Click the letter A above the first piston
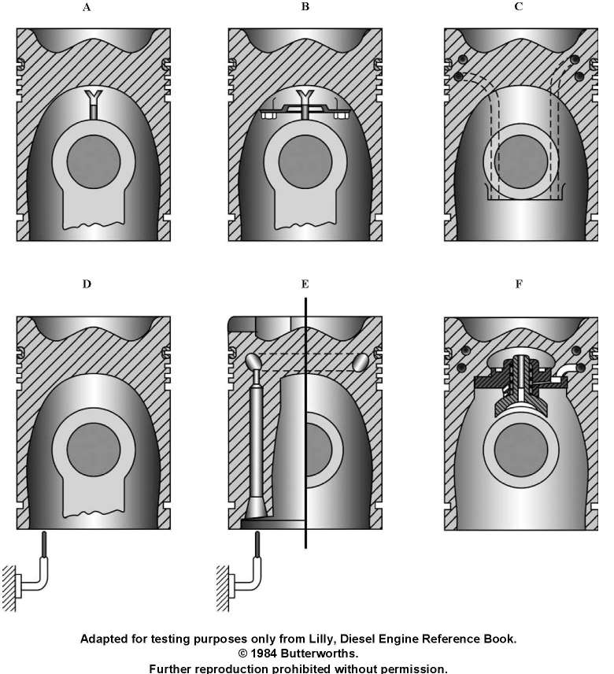pos(87,7)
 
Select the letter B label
pos(305,7)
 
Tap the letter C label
pos(519,7)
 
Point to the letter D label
pos(87,284)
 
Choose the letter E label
pos(305,284)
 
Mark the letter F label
pos(519,284)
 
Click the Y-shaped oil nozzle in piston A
pos(94,104)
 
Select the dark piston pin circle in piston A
pos(94,161)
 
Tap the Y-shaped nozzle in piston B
pos(305,103)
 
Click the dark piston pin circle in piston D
pos(94,450)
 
